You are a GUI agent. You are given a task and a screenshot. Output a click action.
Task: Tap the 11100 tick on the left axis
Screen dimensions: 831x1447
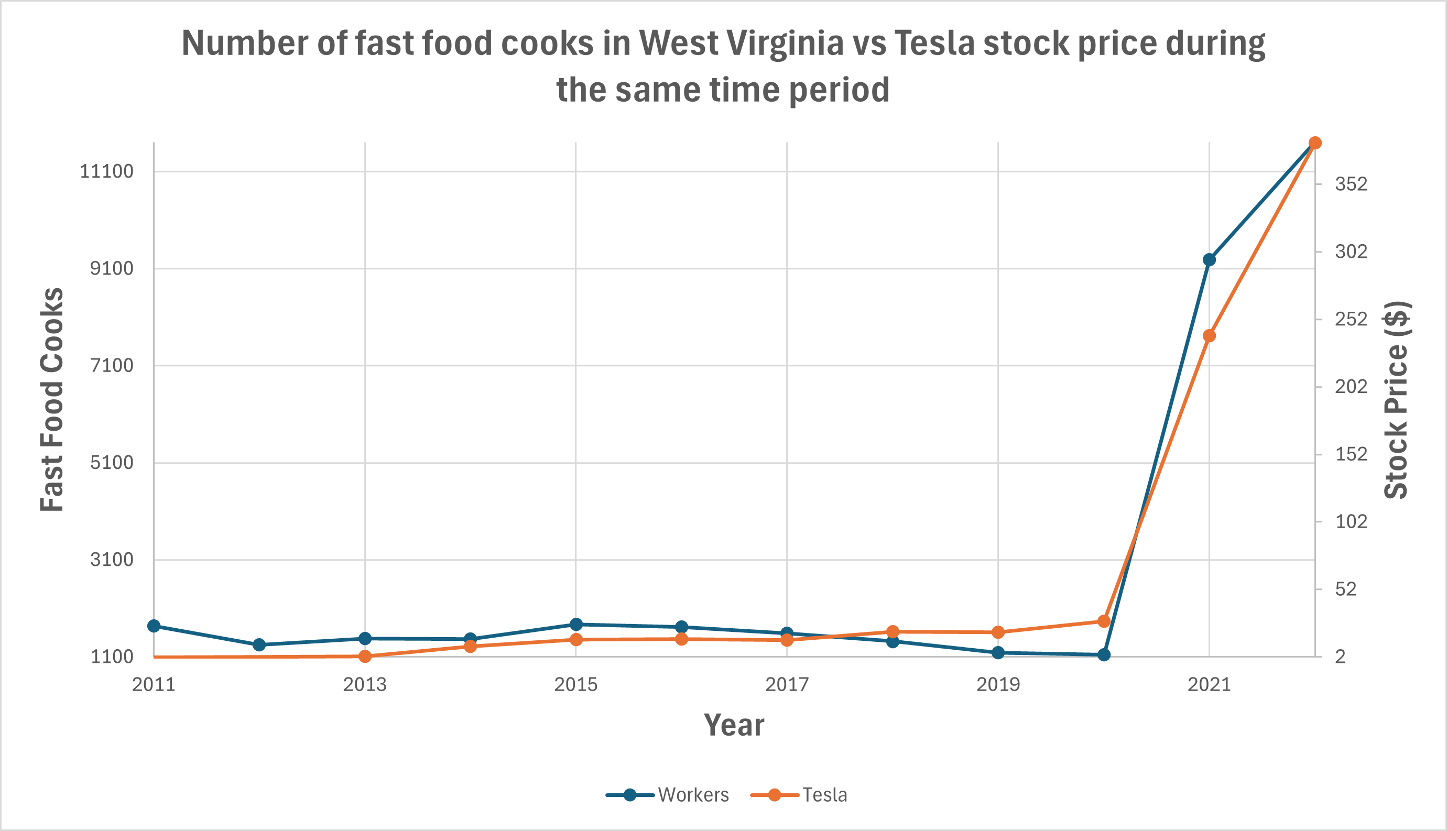tap(106, 171)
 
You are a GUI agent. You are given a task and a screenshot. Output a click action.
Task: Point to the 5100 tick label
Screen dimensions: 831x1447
tap(111, 462)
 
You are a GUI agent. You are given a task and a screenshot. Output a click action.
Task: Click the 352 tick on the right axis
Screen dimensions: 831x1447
tap(1351, 184)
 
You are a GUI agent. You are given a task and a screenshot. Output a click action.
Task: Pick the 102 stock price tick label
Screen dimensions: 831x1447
tap(1351, 521)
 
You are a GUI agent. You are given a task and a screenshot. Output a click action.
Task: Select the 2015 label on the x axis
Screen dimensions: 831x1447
tap(575, 684)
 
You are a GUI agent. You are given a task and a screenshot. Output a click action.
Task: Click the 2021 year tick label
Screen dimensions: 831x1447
tap(1209, 684)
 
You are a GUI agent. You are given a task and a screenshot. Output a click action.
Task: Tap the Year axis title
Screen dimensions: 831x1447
tap(734, 725)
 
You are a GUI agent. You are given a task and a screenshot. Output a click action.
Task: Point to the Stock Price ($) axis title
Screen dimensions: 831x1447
tap(1396, 399)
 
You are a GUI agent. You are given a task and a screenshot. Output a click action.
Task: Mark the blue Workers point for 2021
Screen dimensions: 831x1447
tap(1209, 260)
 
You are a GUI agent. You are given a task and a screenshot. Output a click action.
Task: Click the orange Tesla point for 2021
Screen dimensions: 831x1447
tap(1209, 335)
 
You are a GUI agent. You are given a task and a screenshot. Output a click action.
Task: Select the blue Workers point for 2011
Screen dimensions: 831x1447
tap(154, 626)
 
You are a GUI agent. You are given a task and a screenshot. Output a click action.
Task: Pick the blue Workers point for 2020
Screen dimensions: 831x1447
tap(1104, 654)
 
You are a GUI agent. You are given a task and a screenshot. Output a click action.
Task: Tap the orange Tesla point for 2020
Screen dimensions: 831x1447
tap(1104, 621)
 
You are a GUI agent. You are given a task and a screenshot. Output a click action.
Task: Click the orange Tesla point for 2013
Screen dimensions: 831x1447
tap(365, 657)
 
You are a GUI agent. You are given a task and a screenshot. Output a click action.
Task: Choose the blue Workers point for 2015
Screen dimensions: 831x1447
tap(576, 625)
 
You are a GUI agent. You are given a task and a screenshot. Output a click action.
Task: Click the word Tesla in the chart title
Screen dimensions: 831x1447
tap(934, 43)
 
